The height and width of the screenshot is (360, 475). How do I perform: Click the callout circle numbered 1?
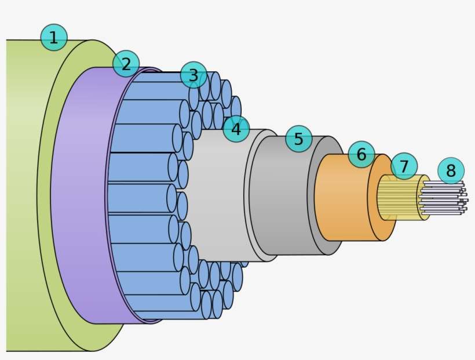coord(54,38)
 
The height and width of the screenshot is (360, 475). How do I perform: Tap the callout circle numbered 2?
coord(126,63)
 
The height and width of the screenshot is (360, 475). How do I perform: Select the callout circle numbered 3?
coord(193,75)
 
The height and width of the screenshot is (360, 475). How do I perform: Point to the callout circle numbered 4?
coord(236,129)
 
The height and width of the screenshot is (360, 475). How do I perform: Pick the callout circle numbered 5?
coord(298,139)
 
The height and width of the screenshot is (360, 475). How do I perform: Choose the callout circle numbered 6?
coord(361,154)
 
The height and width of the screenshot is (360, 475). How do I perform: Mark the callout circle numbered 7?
coord(404,166)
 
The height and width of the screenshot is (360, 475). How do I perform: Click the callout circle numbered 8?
coord(451,170)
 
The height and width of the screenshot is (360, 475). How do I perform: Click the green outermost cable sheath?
coord(23,191)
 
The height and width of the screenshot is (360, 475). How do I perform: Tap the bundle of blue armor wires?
coord(139,197)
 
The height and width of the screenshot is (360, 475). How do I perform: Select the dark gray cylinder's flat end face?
coord(335,232)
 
